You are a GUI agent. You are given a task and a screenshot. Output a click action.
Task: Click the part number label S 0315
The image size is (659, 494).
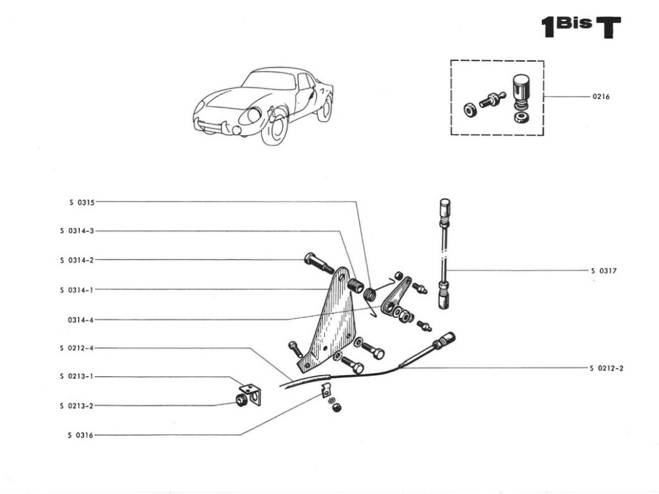pyautogui.click(x=82, y=202)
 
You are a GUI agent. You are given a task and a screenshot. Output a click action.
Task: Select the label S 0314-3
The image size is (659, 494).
pyautogui.click(x=77, y=231)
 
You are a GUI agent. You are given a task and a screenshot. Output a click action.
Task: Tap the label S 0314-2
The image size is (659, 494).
pyautogui.click(x=77, y=260)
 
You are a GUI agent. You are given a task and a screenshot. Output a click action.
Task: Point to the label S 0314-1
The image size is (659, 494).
pyautogui.click(x=77, y=289)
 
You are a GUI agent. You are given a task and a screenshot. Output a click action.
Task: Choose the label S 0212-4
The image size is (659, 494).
pyautogui.click(x=77, y=348)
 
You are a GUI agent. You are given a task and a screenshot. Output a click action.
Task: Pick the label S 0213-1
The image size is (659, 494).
pyautogui.click(x=77, y=376)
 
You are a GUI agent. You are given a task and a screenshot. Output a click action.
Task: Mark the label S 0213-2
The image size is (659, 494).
pyautogui.click(x=77, y=406)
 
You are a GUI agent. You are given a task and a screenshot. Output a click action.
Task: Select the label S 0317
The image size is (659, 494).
pyautogui.click(x=604, y=271)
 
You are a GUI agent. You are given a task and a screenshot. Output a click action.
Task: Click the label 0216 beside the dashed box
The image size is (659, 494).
pyautogui.click(x=601, y=97)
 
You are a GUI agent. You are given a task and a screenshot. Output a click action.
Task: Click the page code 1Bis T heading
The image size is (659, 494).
pyautogui.click(x=580, y=27)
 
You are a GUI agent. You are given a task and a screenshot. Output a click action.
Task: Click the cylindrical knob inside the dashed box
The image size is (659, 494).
pyautogui.click(x=520, y=91)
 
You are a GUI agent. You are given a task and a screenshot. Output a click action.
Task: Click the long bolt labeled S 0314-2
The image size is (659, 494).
pyautogui.click(x=318, y=263)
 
